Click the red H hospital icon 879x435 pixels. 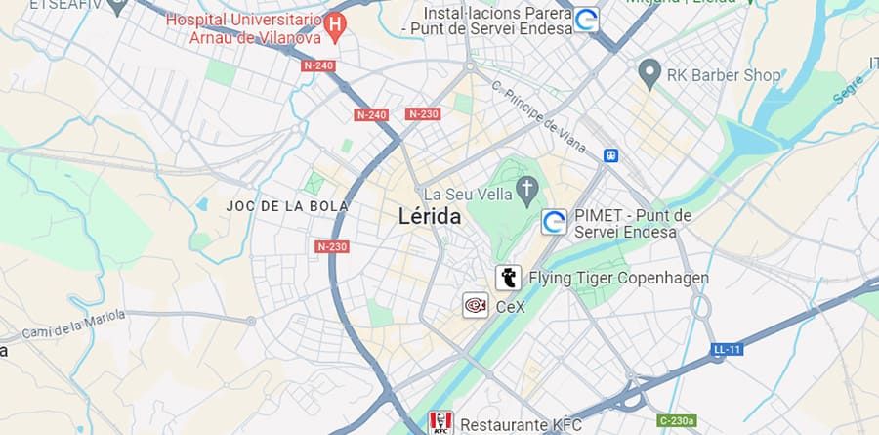click(335, 22)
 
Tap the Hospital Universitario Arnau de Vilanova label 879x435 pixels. click(244, 29)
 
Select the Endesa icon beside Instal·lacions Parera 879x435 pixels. click(586, 20)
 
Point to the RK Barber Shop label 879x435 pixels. click(724, 74)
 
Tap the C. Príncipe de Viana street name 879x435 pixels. click(540, 117)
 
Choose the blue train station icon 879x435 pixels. click(611, 154)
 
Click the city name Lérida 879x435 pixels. click(430, 217)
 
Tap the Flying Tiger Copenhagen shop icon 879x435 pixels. click(508, 278)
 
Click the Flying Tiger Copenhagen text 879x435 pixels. click(618, 279)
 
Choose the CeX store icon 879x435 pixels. click(476, 305)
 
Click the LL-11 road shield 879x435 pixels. click(727, 349)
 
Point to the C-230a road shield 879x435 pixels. click(677, 421)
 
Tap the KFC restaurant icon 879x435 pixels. click(440, 422)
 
